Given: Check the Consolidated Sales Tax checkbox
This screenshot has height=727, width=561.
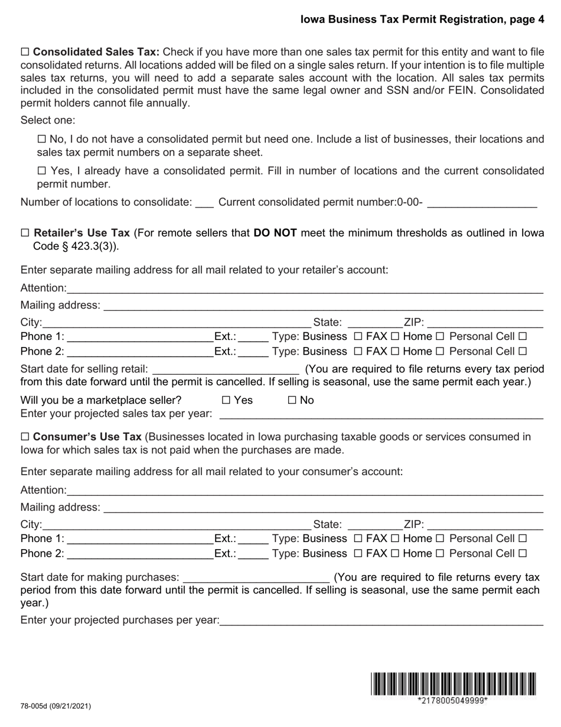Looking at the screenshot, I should pos(25,52).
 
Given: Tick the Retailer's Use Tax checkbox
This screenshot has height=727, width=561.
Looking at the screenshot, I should pos(25,233).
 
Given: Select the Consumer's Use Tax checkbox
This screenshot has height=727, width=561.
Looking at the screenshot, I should pos(25,437).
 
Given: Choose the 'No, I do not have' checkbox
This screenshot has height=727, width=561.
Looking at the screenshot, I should pos(41,140).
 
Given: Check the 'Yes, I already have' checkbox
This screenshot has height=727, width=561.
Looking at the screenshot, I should pos(41,171).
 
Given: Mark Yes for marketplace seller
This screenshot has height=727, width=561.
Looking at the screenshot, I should pos(226,401).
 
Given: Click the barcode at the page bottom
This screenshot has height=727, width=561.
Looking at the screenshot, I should pos(454,684).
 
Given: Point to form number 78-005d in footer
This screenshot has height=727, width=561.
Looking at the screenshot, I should pos(56,706).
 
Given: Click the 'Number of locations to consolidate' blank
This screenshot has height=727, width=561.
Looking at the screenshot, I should pos(204,203).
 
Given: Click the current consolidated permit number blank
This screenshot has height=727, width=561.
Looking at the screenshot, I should pos(481,203).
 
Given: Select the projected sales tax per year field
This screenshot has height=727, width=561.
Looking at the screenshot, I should pos(381,414).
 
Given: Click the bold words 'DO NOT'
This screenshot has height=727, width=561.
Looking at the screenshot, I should pos(275,233).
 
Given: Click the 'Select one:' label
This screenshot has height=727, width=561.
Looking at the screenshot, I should pos(48,121).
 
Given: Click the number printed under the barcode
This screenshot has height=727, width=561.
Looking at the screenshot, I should pos(453,701).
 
